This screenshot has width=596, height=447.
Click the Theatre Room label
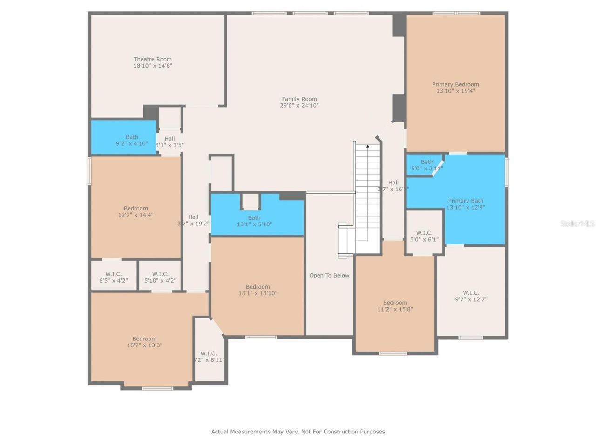click(x=153, y=59)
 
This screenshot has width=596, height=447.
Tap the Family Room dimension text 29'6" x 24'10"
click(x=299, y=106)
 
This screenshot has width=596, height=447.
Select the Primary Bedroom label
click(x=455, y=84)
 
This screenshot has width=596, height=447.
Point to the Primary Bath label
click(x=466, y=201)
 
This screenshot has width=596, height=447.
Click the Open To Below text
click(x=329, y=275)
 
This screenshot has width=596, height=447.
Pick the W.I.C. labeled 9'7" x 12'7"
click(x=471, y=296)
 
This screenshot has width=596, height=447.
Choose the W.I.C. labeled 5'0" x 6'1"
click(x=424, y=236)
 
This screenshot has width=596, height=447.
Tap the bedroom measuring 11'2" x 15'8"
click(x=395, y=306)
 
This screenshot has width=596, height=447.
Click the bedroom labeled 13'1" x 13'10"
click(x=257, y=290)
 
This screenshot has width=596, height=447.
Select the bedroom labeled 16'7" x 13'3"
click(x=144, y=342)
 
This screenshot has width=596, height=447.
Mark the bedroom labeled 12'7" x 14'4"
click(x=135, y=212)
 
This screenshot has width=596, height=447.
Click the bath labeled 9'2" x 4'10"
click(x=132, y=140)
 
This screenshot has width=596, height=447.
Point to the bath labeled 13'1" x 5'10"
click(x=254, y=221)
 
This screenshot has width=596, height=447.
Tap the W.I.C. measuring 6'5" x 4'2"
click(x=113, y=278)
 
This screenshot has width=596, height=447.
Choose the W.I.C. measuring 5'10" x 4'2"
click(x=160, y=278)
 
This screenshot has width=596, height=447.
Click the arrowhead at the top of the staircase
click(x=367, y=147)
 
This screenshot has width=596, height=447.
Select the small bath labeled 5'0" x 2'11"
click(x=427, y=165)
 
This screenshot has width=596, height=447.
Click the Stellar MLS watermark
click(x=577, y=223)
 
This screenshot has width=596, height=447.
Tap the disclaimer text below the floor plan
click(x=298, y=432)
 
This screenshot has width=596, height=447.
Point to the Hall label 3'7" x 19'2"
click(x=193, y=220)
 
